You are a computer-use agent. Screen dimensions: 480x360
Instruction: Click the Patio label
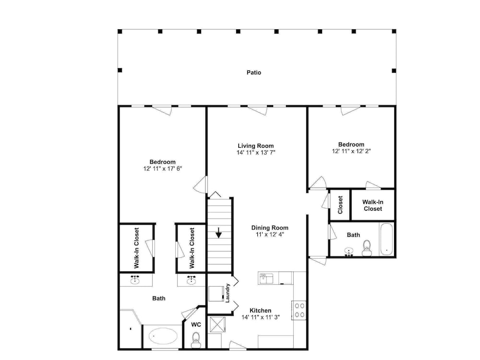click(x=254, y=72)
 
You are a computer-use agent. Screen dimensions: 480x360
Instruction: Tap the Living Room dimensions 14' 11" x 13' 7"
click(x=256, y=153)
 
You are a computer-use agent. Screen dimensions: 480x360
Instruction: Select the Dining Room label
click(x=270, y=228)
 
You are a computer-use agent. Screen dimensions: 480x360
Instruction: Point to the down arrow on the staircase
click(x=218, y=233)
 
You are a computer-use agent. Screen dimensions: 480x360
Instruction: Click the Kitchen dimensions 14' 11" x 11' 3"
click(x=261, y=317)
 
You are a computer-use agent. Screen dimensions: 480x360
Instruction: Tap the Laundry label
click(x=228, y=293)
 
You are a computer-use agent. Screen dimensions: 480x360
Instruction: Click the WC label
click(x=196, y=324)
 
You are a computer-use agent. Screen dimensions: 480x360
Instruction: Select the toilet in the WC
click(x=196, y=340)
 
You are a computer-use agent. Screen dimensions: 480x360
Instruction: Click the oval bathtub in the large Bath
click(x=163, y=336)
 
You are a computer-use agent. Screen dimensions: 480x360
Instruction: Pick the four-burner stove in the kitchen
click(x=300, y=310)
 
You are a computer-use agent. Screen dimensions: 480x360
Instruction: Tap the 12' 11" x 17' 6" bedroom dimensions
click(x=163, y=168)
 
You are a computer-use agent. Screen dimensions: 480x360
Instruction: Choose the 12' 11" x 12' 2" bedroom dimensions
click(x=351, y=151)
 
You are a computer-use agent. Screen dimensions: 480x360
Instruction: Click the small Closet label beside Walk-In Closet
click(x=340, y=205)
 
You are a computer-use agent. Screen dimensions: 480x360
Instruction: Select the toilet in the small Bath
click(x=366, y=248)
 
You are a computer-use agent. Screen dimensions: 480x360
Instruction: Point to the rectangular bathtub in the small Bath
click(x=386, y=240)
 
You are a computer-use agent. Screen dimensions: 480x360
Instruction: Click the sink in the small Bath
click(x=348, y=252)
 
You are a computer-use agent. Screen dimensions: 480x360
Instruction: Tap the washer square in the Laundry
click(x=216, y=294)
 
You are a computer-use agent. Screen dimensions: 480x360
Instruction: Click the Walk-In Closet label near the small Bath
click(x=372, y=205)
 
